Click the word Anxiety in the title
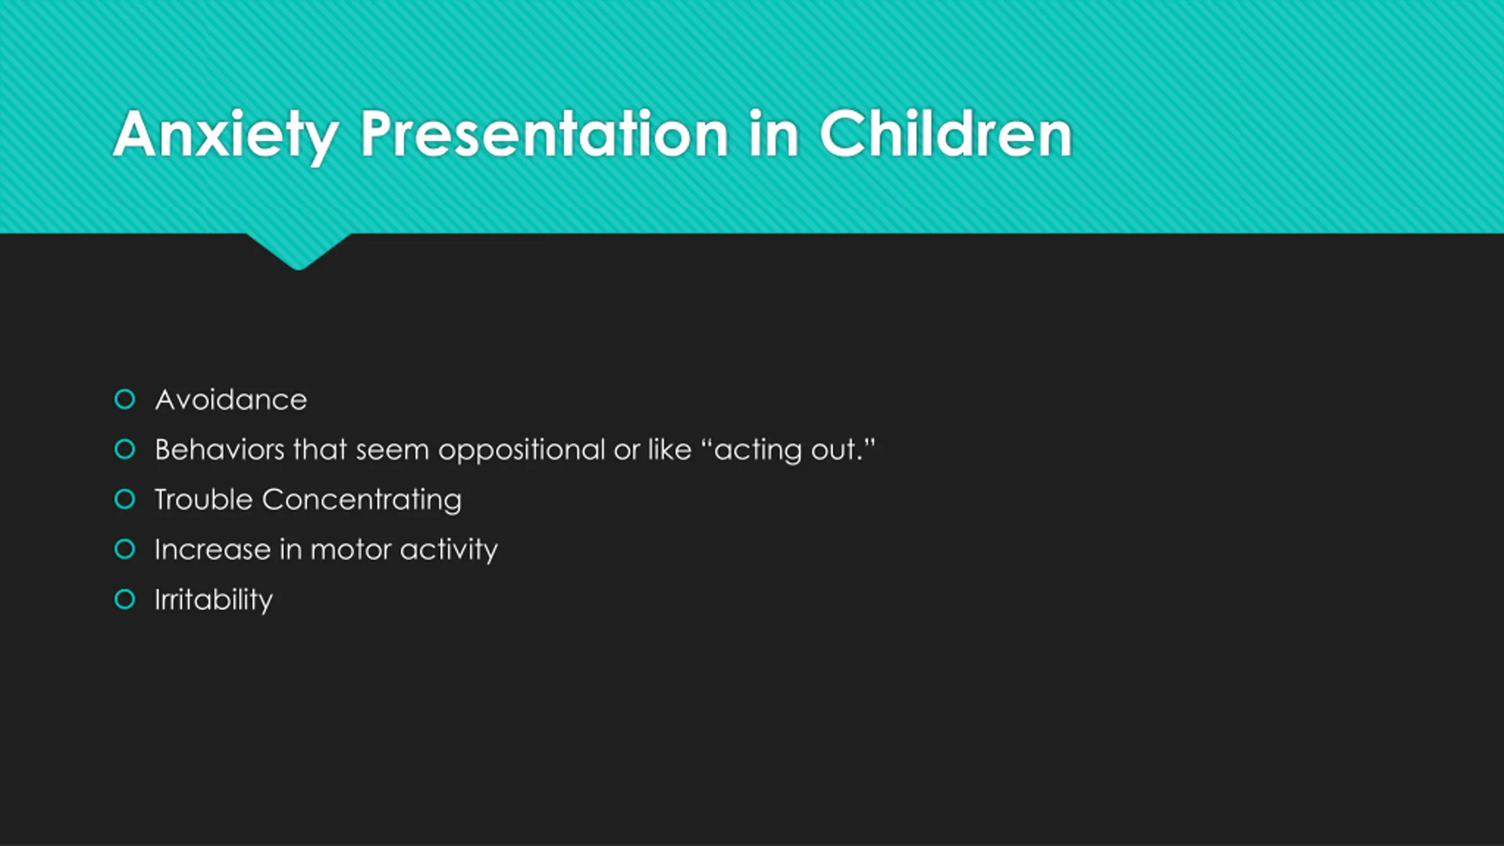click(x=226, y=135)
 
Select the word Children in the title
click(x=946, y=134)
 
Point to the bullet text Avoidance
click(x=231, y=400)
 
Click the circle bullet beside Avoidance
click(x=125, y=399)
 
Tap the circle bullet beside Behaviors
click(x=125, y=449)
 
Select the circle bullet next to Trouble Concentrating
click(x=125, y=499)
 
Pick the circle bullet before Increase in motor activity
click(x=125, y=549)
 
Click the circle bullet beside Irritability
click(x=125, y=599)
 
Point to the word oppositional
click(x=522, y=451)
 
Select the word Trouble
click(x=203, y=500)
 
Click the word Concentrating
click(x=362, y=501)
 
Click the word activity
click(x=449, y=551)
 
